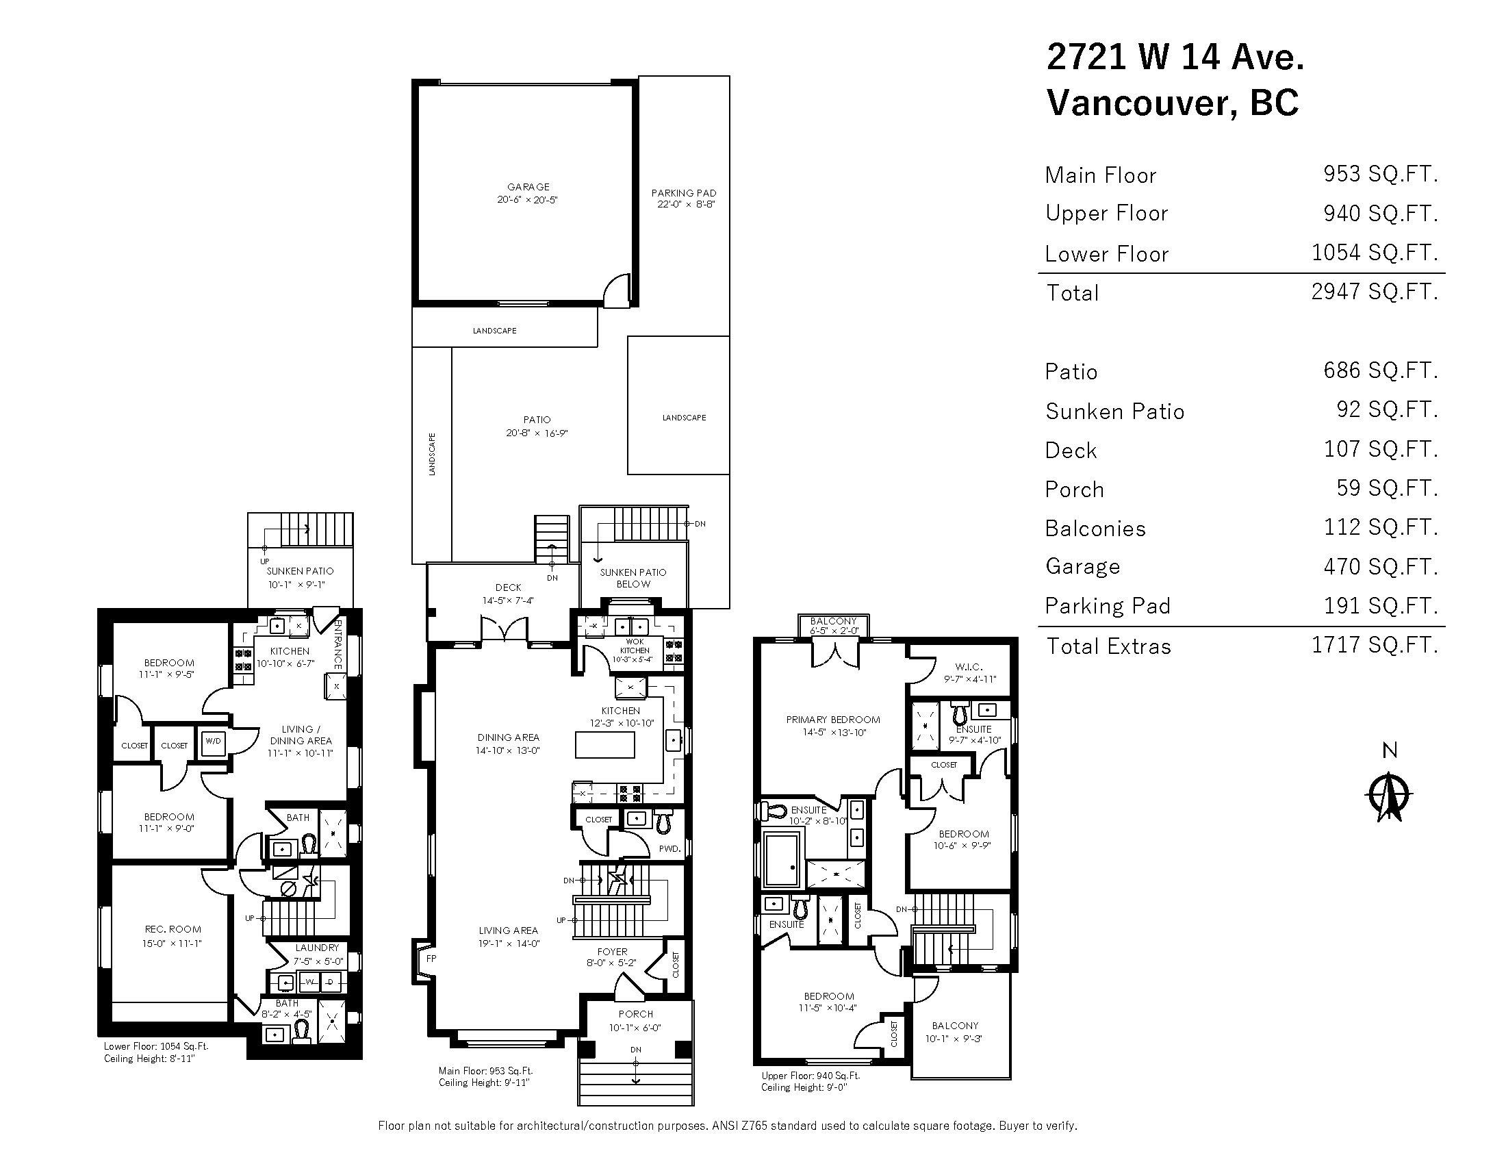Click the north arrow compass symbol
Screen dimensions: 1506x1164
[x=1390, y=796]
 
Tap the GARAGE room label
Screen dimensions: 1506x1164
[x=528, y=187]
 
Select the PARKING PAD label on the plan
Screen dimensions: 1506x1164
[x=683, y=193]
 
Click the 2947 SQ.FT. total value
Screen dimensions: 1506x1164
[x=1375, y=292]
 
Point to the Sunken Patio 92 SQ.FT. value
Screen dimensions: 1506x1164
[x=1388, y=409]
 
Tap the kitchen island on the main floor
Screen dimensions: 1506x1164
[x=604, y=745]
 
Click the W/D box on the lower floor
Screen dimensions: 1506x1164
[x=213, y=742]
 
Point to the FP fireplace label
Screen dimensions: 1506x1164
[x=431, y=959]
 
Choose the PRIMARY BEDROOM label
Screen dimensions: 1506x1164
[x=833, y=719]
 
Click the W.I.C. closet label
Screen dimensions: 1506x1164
[x=969, y=667]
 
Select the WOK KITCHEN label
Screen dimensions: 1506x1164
[x=635, y=646]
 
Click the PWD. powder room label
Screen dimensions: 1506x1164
[x=669, y=849]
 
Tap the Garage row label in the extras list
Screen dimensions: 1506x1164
[x=1083, y=566]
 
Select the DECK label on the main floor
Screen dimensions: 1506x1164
[x=508, y=587]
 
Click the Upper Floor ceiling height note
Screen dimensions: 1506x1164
[x=804, y=1087]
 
